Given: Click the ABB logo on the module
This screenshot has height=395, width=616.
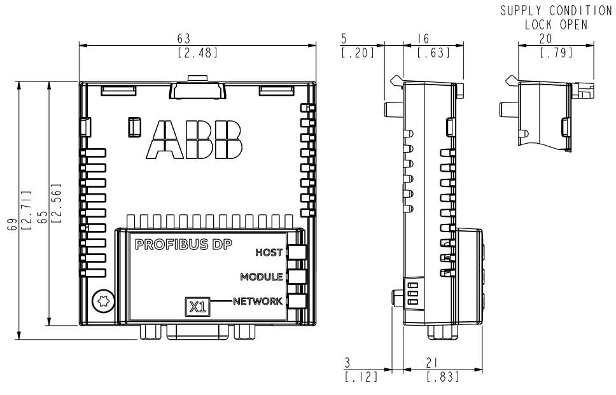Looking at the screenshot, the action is click(194, 139).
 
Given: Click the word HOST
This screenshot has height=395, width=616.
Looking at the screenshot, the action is click(269, 253).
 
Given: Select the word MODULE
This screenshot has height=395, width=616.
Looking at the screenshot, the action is click(262, 277).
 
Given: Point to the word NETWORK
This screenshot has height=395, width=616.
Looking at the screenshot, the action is click(258, 301).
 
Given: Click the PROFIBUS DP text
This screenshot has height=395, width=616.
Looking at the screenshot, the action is click(183, 245).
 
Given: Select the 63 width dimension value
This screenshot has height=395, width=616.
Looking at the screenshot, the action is click(183, 39).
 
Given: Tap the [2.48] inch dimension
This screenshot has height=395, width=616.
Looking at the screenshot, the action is click(198, 53).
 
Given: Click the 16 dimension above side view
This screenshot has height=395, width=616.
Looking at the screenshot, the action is click(423, 39).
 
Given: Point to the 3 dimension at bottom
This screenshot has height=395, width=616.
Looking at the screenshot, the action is click(347, 363).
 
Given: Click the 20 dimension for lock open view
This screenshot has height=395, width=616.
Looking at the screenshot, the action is click(545, 39).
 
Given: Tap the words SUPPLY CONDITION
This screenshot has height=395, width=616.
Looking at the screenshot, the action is click(556, 11).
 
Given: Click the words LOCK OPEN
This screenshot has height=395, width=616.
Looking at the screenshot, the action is click(556, 24).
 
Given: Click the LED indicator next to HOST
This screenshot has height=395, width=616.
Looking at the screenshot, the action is click(297, 253).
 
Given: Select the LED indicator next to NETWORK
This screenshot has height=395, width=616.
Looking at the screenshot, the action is click(297, 301).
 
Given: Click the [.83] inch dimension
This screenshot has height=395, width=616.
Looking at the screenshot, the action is click(443, 377).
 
